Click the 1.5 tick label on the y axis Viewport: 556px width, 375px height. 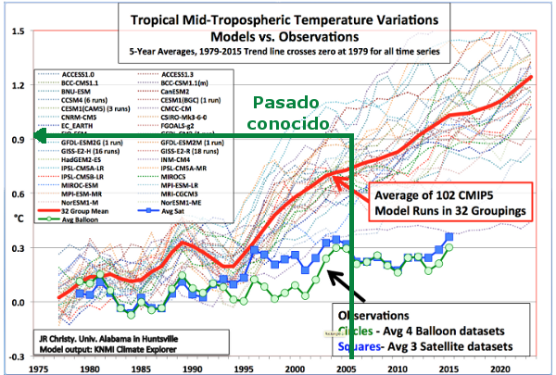pos(17,31)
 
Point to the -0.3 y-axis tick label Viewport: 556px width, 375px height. pos(16,356)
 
